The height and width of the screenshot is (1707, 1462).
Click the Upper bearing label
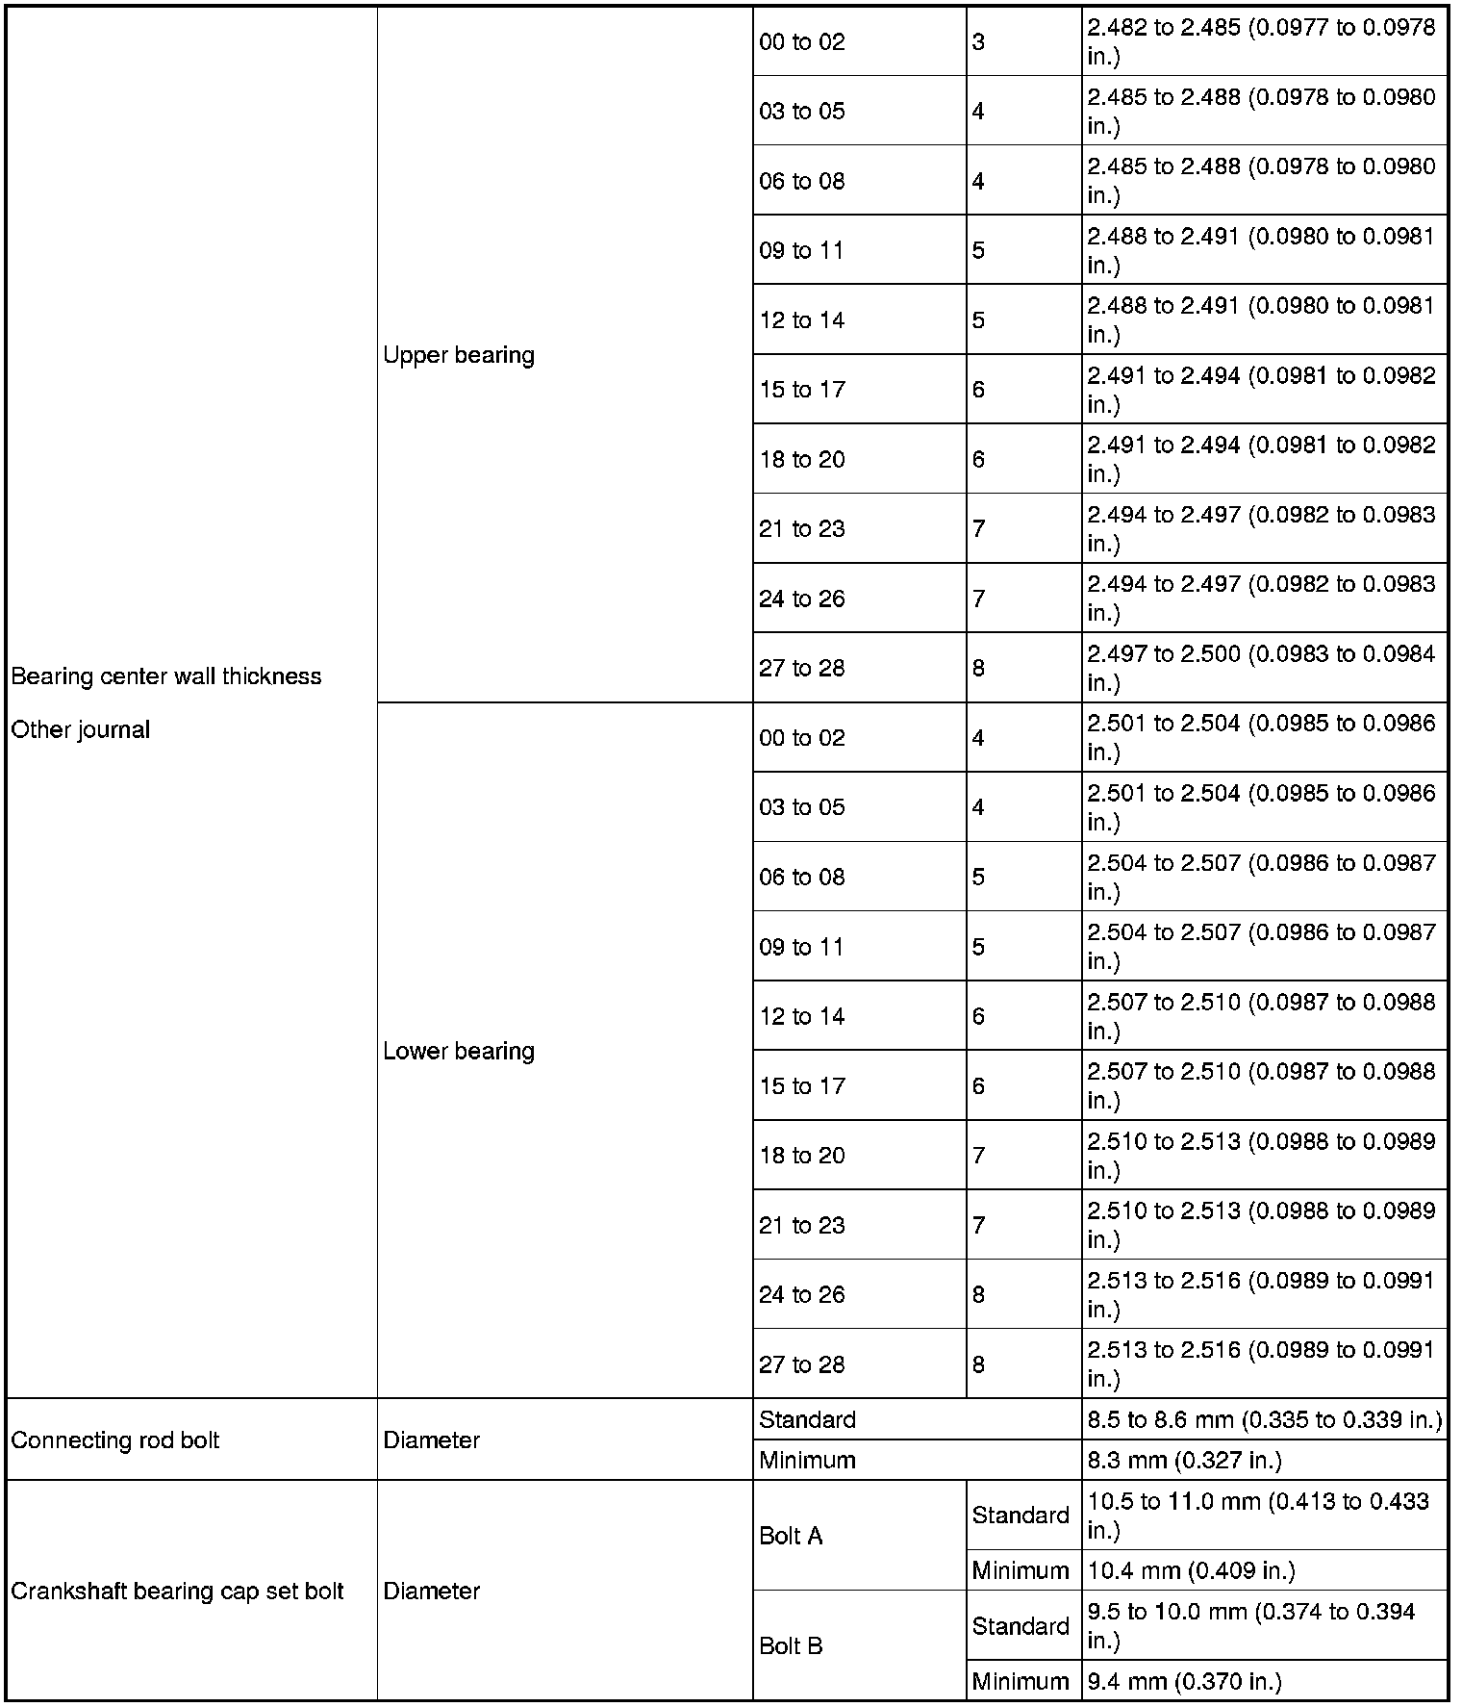(x=459, y=355)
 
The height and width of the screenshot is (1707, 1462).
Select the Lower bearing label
(x=459, y=1051)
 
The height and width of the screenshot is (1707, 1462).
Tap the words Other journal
(x=81, y=729)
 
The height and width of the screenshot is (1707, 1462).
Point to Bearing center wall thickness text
(x=166, y=676)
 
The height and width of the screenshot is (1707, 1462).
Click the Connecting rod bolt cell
(x=115, y=1439)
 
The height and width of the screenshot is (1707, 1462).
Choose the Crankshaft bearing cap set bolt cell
(x=177, y=1591)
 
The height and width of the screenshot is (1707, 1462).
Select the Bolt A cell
(x=791, y=1536)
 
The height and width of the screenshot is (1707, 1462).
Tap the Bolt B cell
(x=791, y=1645)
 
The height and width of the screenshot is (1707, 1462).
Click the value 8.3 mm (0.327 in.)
(x=1185, y=1460)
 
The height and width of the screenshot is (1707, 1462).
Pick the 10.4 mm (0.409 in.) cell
(x=1192, y=1570)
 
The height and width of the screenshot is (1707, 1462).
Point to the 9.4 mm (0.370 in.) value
(x=1185, y=1681)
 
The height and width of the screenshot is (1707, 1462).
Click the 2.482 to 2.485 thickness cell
(x=1262, y=41)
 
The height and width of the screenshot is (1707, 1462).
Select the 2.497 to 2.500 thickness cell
(x=1262, y=668)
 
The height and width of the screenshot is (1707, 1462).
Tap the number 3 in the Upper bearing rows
(x=978, y=41)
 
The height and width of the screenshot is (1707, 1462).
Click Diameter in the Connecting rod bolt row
(x=432, y=1439)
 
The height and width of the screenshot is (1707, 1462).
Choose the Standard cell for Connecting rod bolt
(x=807, y=1419)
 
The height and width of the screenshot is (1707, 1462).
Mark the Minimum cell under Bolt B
(x=1021, y=1681)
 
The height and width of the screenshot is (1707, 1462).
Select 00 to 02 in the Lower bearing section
(x=802, y=738)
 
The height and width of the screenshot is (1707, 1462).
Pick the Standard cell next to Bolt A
(x=1021, y=1516)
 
